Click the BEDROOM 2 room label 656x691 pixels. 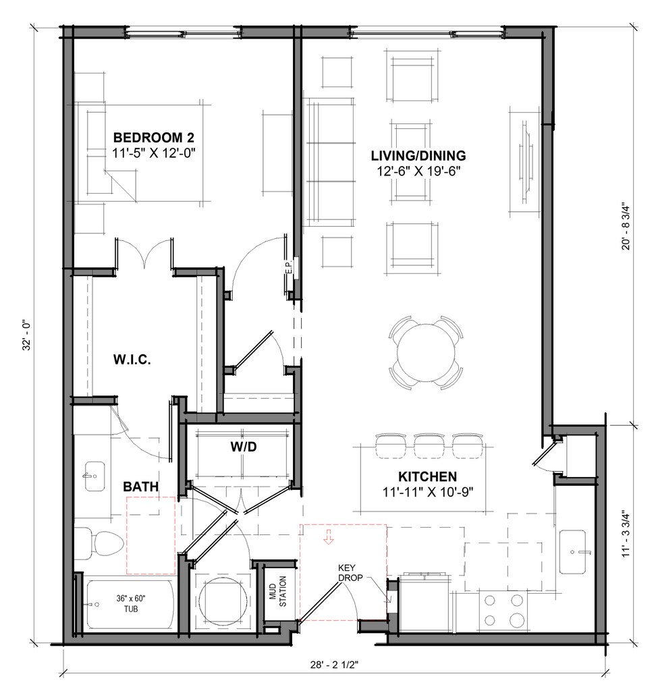[153, 138]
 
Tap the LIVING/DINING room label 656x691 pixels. [418, 156]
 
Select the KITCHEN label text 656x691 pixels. [428, 476]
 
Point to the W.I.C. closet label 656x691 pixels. [132, 360]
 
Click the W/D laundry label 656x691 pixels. [244, 447]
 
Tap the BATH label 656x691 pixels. [140, 487]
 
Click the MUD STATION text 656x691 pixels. [278, 591]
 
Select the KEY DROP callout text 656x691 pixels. [350, 572]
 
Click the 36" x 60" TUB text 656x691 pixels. [131, 603]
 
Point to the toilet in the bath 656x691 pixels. [99, 543]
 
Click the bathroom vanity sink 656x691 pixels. [93, 476]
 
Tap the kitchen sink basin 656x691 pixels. [573, 552]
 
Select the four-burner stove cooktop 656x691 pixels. [503, 610]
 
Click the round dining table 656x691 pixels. [426, 352]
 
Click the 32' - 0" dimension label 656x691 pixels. [27, 335]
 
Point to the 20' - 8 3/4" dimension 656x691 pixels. [626, 226]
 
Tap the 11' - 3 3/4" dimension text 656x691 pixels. [626, 533]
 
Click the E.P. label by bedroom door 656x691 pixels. [290, 266]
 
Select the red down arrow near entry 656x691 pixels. [329, 536]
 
